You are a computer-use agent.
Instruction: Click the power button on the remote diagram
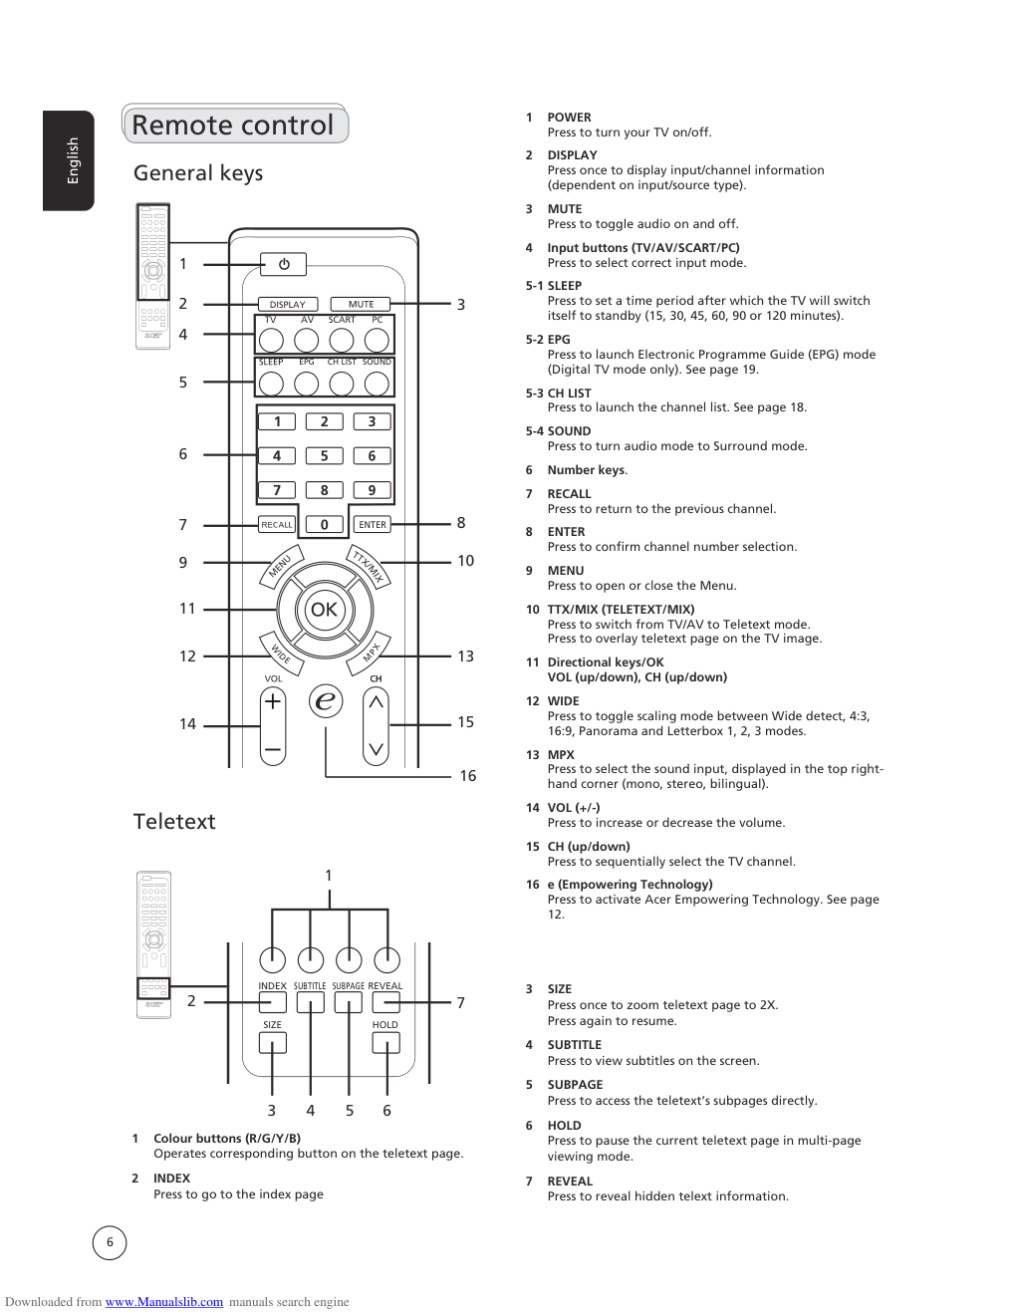284,264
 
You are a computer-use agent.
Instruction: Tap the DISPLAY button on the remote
288,304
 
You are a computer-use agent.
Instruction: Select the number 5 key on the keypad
325,455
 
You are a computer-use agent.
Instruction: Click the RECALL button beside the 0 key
277,524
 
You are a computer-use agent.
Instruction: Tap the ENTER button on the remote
373,524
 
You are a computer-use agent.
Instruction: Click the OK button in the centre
325,610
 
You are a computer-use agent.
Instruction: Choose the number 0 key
325,524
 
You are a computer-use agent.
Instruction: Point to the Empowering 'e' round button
325,701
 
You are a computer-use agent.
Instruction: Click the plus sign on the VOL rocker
273,701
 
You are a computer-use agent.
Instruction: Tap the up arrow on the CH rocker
376,702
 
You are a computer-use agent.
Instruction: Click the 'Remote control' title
233,126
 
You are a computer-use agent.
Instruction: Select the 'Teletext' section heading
174,822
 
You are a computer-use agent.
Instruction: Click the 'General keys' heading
198,173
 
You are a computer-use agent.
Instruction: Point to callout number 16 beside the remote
468,776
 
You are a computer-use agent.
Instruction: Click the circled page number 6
110,1242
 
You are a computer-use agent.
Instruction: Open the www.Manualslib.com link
164,1302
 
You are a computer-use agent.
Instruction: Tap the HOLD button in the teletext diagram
385,1042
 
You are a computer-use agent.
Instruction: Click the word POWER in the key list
569,118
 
